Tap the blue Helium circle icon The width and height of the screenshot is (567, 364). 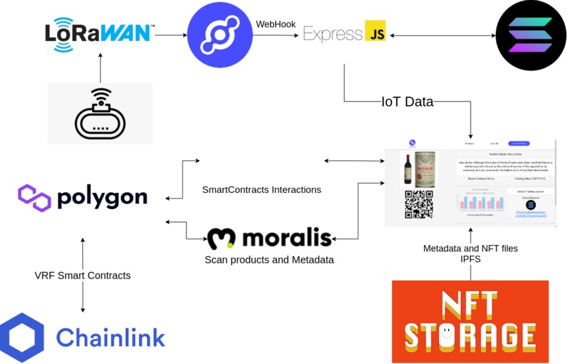click(x=219, y=34)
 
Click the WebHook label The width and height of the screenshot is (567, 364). click(x=275, y=24)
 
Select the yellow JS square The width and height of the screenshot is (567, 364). click(x=374, y=32)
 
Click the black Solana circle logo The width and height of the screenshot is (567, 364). click(x=530, y=34)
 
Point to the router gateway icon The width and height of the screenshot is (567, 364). click(x=100, y=114)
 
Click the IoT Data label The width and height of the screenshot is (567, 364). click(x=407, y=102)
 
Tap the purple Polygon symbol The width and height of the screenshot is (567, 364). click(x=34, y=198)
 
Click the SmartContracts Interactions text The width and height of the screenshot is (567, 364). click(x=261, y=189)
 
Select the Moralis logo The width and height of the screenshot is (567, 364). click(x=269, y=238)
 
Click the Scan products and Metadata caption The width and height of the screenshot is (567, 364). click(x=269, y=260)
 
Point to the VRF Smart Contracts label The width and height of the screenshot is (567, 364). click(x=82, y=275)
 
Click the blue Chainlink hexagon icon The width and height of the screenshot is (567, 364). click(x=22, y=337)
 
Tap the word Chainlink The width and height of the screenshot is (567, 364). click(x=110, y=337)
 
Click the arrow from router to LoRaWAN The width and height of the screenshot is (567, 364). click(x=100, y=69)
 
